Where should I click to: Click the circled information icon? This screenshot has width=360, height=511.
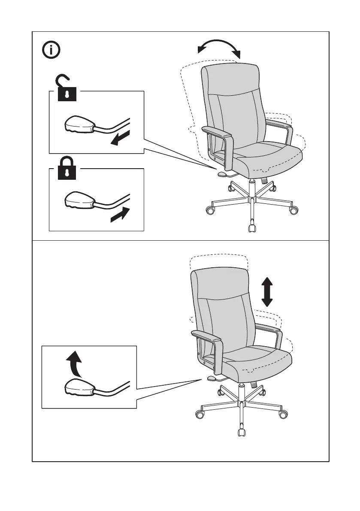(x=51, y=50)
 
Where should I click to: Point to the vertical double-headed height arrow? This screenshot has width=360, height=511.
(x=267, y=291)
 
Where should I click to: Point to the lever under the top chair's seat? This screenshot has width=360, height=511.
(x=222, y=174)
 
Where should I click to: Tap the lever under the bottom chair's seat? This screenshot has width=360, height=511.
(x=212, y=378)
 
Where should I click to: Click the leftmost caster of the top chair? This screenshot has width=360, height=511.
(x=209, y=211)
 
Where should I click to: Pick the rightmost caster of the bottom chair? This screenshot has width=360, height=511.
(x=283, y=415)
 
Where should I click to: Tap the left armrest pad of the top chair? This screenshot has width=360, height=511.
(x=217, y=132)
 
